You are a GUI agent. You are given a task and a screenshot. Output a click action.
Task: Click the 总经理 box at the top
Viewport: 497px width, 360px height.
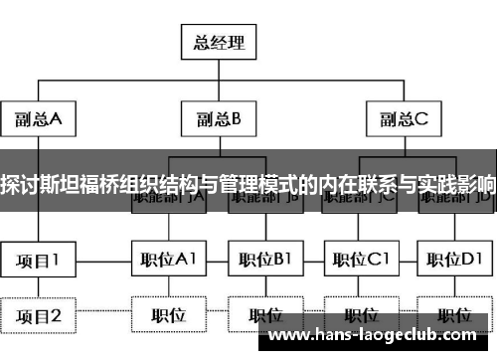(x=218, y=42)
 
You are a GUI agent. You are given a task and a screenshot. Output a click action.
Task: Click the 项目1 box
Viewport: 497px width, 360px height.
(x=38, y=261)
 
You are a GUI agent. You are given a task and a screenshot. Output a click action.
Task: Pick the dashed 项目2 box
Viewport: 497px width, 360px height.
(x=38, y=316)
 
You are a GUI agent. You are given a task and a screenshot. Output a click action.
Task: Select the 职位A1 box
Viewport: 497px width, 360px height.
(x=169, y=261)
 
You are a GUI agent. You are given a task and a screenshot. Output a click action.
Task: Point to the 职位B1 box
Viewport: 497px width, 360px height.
(x=263, y=261)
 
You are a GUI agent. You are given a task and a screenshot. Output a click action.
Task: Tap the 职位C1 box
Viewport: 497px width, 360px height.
(x=359, y=261)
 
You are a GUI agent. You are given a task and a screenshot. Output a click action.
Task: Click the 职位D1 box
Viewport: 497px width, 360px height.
(x=454, y=261)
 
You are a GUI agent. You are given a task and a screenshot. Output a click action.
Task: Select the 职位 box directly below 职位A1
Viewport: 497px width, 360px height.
(x=169, y=316)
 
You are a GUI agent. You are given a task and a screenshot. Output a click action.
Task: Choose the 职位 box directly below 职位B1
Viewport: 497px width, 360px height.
(x=263, y=316)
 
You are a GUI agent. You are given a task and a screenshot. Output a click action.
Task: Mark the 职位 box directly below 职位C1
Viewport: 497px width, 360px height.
(x=359, y=316)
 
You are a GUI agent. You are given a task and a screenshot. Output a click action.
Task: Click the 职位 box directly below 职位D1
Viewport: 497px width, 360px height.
(x=454, y=316)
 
